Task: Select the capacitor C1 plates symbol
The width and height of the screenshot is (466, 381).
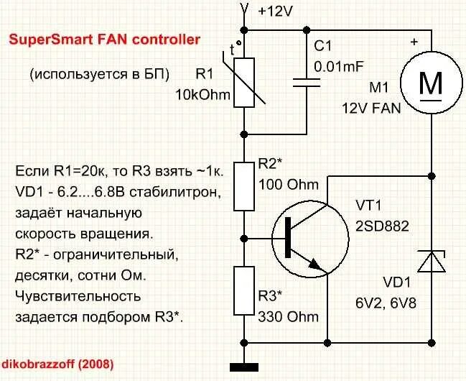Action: click(x=309, y=82)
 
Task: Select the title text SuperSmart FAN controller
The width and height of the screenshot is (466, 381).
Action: click(x=104, y=40)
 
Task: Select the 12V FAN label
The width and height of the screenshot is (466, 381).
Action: click(x=373, y=106)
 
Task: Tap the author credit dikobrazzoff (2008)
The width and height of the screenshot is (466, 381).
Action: click(x=57, y=364)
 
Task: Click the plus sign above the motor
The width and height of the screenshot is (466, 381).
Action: click(x=414, y=43)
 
